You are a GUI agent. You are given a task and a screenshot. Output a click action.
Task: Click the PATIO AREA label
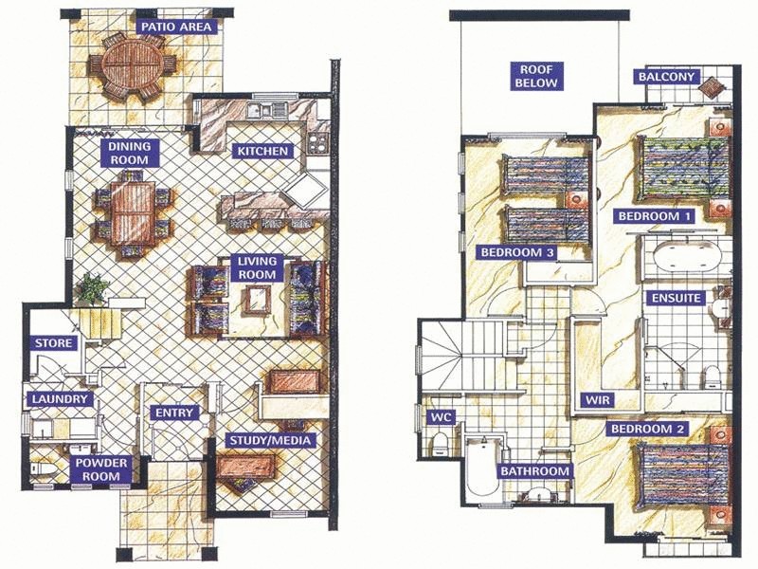coord(176,27)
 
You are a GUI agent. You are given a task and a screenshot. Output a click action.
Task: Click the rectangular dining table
coord(133,214)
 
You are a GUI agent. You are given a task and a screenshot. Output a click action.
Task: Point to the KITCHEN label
coord(263,152)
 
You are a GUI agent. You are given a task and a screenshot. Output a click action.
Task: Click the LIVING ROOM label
coord(257,267)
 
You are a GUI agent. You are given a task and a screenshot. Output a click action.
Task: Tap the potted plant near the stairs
coord(91,287)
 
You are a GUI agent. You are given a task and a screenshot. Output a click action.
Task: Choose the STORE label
coord(53,343)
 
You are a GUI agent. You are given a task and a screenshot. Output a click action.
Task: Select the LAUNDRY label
coord(60,400)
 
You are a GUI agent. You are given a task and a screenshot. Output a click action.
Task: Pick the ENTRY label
coord(174,413)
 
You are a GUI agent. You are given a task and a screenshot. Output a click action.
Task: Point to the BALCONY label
coord(667,77)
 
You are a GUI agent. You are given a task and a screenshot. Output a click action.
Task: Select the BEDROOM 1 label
coord(654,216)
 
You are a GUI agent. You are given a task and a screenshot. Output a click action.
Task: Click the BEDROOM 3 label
coord(516,253)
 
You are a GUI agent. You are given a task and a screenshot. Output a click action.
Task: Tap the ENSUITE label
coord(676,298)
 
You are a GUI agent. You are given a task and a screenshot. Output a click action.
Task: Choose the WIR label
coord(596,399)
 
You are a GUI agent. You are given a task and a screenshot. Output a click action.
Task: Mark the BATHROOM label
coord(534,471)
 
